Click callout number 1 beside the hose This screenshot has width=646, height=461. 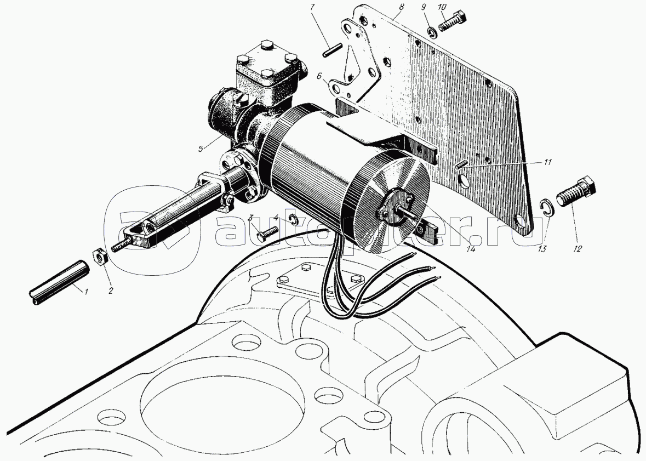pos(87,292)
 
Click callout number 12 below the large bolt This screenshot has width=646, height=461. pos(577,249)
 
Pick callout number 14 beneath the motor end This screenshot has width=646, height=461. pos(471,249)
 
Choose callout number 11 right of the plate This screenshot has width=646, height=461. pos(547,162)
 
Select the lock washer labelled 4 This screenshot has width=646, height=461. pos(293,219)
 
